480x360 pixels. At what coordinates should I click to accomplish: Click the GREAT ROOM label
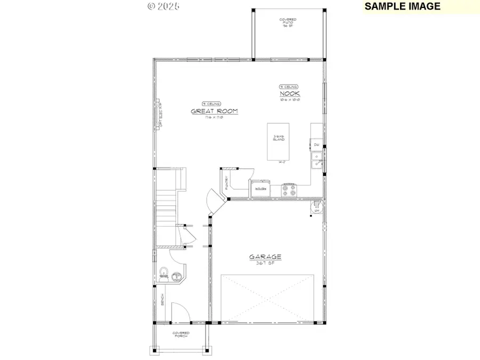click(214, 111)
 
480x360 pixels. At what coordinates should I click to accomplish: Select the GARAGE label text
click(265, 257)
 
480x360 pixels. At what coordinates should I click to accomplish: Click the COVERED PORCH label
click(181, 335)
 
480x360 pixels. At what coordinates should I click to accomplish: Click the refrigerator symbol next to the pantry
click(261, 187)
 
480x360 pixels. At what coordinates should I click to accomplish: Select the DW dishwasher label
click(316, 145)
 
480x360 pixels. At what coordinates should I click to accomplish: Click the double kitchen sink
click(317, 159)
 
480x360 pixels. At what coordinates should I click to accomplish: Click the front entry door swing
click(180, 313)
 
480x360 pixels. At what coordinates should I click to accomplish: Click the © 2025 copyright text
click(163, 6)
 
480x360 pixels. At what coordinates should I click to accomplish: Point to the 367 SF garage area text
click(265, 263)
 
